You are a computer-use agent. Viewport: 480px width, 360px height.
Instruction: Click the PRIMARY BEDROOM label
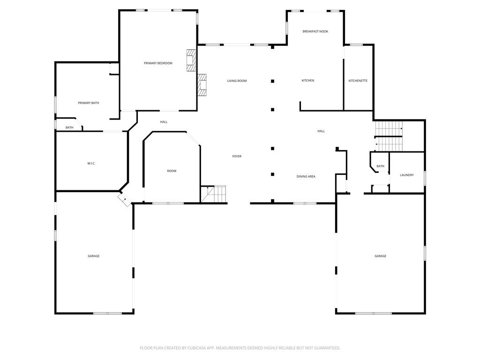[158, 63]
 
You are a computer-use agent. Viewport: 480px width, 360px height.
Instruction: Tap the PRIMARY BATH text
[88, 103]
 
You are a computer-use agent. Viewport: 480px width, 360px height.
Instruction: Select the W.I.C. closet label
[91, 163]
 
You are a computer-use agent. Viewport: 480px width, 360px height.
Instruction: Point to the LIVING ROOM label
[237, 81]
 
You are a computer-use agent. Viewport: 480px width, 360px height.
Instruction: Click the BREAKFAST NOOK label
[315, 31]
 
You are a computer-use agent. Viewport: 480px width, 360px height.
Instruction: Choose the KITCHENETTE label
[358, 81]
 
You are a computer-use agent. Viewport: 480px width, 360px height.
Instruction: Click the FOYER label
[237, 156]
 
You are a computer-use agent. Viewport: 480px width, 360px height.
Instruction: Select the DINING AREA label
[306, 177]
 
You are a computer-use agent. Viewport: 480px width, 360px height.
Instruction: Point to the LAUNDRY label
[406, 175]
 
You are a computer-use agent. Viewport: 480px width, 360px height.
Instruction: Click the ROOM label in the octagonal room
[172, 171]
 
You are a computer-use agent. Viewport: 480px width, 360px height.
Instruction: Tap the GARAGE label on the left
[93, 256]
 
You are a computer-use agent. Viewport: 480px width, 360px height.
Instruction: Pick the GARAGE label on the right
[380, 256]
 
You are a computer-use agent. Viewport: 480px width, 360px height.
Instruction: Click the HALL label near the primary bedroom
[164, 122]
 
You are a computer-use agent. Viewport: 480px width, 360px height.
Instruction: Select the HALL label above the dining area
[321, 131]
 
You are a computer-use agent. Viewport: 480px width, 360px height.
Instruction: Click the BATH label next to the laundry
[380, 166]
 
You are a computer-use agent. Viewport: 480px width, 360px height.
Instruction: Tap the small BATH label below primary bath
[69, 128]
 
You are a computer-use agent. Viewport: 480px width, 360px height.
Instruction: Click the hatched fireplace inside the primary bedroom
[191, 60]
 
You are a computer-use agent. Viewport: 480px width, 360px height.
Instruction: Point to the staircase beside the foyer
[214, 194]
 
